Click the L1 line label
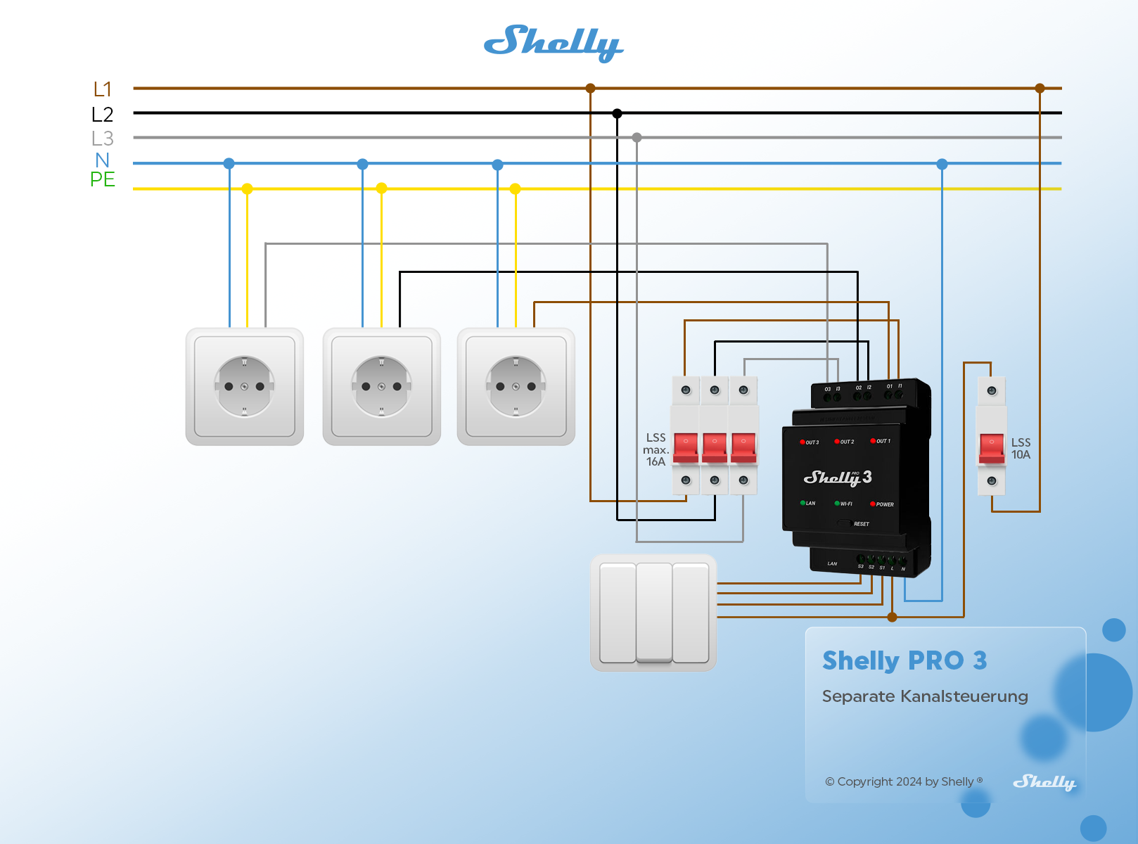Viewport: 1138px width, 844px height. [x=103, y=89]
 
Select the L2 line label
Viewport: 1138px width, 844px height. [x=103, y=115]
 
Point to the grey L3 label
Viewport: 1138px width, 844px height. [x=103, y=139]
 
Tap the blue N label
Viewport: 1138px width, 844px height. [x=103, y=160]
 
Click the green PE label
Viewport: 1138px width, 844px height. [x=103, y=180]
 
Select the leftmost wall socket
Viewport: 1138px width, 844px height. [x=245, y=386]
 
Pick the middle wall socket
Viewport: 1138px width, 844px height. [x=381, y=386]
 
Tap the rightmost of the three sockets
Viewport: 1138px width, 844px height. [x=516, y=386]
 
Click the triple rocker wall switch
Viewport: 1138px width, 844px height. [x=653, y=613]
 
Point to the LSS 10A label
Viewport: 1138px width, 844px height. [x=1021, y=449]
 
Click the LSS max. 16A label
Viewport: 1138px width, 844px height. [x=656, y=449]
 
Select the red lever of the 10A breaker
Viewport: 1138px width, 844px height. [x=992, y=447]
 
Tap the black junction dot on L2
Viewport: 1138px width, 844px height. [x=617, y=113]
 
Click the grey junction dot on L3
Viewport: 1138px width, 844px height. [x=637, y=138]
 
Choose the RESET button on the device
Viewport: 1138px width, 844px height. [x=845, y=524]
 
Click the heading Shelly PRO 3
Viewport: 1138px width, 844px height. [x=904, y=661]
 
